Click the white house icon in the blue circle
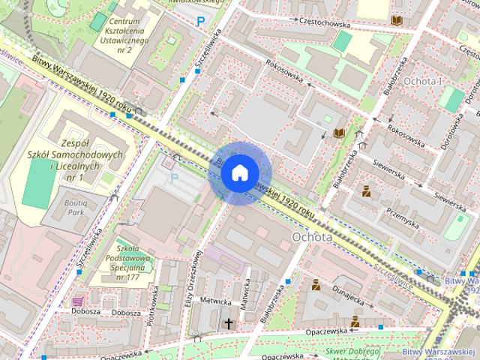point(238,172)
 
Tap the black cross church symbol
point(229,323)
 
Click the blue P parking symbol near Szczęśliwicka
point(200,22)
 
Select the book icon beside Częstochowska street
point(396,20)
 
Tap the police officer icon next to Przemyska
point(366,191)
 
